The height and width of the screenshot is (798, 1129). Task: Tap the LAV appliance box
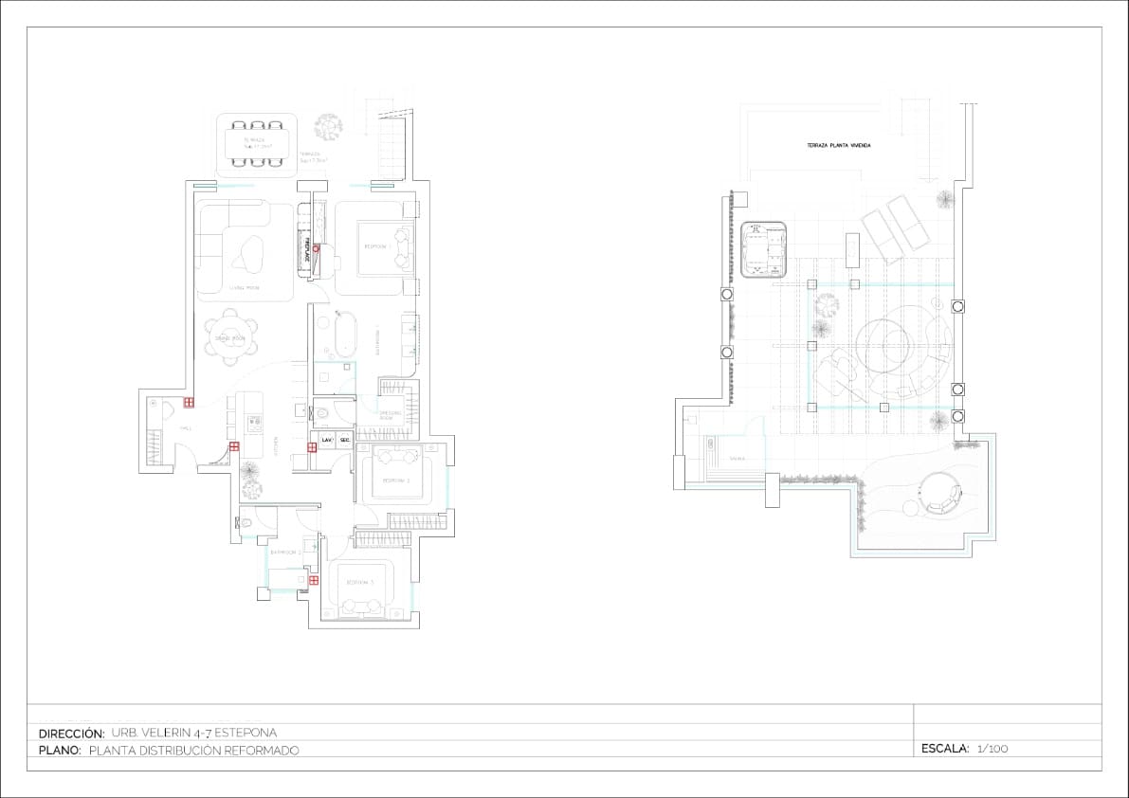pos(326,440)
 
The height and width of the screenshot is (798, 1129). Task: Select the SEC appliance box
pos(345,440)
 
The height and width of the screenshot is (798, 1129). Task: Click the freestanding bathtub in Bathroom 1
pos(343,335)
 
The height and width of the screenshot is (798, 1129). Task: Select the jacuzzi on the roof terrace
pos(766,249)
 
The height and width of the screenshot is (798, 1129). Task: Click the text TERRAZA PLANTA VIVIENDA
pos(838,145)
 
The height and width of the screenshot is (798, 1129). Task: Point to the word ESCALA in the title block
pos(944,749)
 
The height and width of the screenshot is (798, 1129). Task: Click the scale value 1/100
pos(992,749)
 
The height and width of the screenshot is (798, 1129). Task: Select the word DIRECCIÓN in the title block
pos(71,733)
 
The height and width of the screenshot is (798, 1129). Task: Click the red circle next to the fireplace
pos(317,248)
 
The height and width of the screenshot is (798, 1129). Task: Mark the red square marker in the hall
pos(189,403)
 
